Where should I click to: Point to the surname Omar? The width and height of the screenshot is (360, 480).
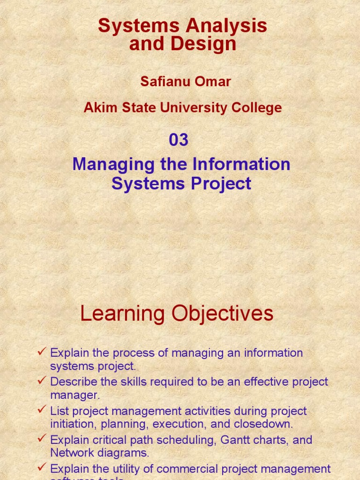pyautogui.click(x=213, y=82)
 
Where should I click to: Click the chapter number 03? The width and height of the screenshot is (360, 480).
pyautogui.click(x=179, y=140)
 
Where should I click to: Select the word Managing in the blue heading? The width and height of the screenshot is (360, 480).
pyautogui.click(x=107, y=165)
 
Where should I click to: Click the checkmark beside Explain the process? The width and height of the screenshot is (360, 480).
pyautogui.click(x=42, y=352)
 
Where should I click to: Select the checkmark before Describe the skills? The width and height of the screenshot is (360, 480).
pyautogui.click(x=42, y=381)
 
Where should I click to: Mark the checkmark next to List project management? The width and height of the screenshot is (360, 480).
pyautogui.click(x=42, y=410)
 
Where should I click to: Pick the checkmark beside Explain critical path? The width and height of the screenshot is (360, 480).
pyautogui.click(x=42, y=439)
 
